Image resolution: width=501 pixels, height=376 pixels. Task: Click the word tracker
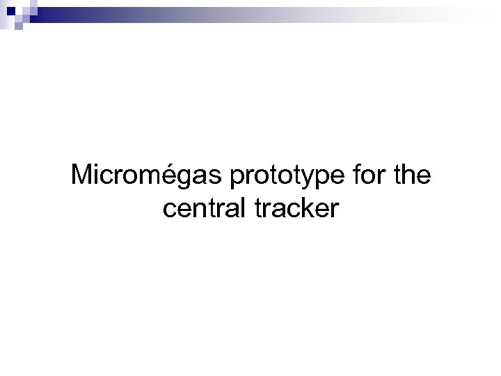pyautogui.click(x=298, y=208)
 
